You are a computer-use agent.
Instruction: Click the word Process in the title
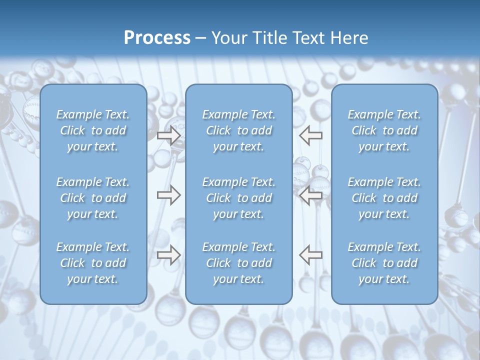pos(157,38)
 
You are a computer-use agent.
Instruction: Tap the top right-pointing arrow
pos(168,135)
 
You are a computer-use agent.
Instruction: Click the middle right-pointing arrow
pos(168,195)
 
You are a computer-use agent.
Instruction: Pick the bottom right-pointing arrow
pos(168,255)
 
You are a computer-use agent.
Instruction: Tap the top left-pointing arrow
pos(311,135)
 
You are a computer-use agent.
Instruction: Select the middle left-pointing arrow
pos(311,195)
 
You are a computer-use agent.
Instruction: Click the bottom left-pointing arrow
pos(311,255)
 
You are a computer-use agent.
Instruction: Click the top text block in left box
pos(93,130)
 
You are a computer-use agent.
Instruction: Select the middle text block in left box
pos(93,198)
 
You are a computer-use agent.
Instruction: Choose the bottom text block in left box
pos(93,263)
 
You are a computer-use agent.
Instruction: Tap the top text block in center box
pos(239,130)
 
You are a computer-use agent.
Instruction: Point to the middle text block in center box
pos(239,198)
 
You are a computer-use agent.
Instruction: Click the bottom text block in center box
pos(239,263)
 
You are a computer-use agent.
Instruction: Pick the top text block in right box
pos(384,130)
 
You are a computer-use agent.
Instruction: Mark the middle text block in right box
pos(384,198)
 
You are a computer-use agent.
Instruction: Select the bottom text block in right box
pos(384,263)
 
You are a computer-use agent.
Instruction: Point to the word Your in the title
pos(228,38)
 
